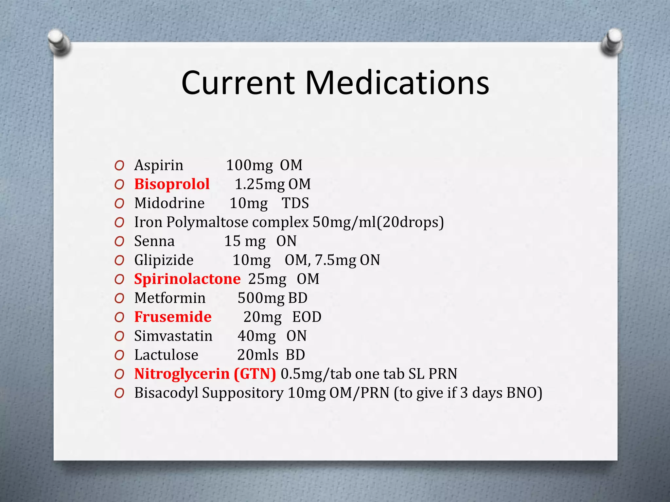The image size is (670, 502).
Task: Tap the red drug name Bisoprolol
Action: coord(172,184)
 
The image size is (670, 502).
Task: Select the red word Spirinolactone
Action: coord(187,279)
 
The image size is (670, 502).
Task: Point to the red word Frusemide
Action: coord(173,317)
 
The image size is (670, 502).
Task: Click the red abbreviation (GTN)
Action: coord(255,374)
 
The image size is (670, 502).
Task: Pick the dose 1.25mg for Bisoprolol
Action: coord(260,184)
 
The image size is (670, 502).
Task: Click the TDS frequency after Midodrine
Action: coord(295,203)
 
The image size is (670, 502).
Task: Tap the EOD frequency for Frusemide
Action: coord(307,317)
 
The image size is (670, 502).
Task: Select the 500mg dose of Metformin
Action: coord(261,298)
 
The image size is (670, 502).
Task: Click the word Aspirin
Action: coord(159,165)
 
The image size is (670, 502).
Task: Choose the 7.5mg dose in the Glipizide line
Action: coord(335,260)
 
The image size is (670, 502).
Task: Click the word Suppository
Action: coord(242,393)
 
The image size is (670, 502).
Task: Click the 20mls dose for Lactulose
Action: coord(258,355)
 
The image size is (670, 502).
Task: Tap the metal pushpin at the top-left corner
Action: coord(59,42)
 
